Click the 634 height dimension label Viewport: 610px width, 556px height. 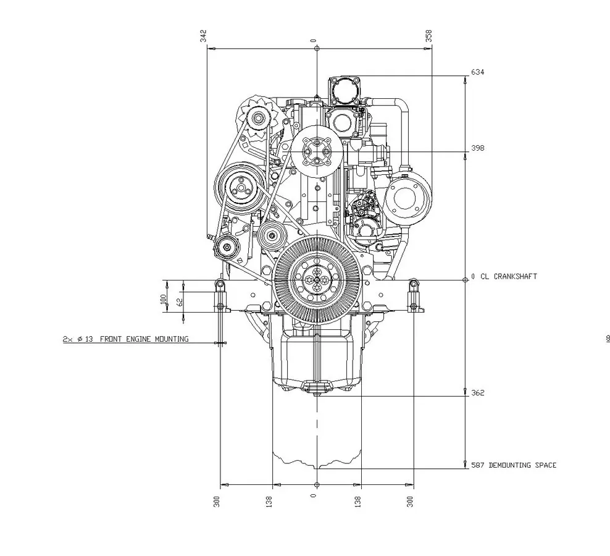477,72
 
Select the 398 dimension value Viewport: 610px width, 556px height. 477,148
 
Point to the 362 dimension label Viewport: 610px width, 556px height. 477,393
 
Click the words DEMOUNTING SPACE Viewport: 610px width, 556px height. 522,465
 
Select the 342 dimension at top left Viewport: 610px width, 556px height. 204,36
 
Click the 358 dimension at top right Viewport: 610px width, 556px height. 428,36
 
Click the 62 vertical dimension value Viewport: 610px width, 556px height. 180,302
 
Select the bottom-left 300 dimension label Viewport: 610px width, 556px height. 217,501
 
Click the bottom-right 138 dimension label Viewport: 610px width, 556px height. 357,501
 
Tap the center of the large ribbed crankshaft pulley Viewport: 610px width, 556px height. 316,280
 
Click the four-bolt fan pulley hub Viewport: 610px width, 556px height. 316,151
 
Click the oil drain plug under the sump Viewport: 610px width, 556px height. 316,389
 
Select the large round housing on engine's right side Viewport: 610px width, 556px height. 407,197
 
